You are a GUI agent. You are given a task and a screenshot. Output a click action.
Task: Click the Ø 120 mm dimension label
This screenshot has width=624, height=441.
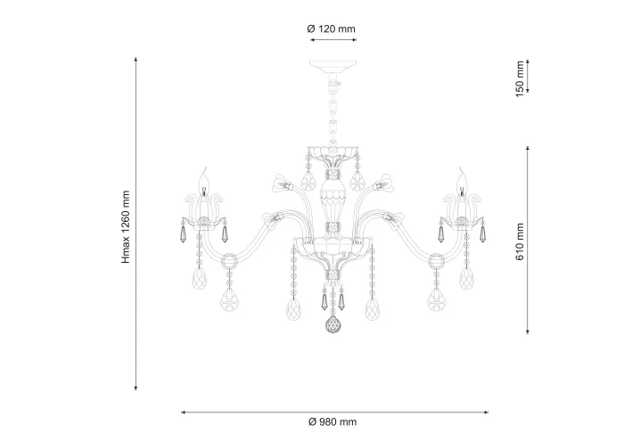click(331, 29)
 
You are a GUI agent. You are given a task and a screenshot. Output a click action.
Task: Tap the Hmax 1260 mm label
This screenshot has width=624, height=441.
click(127, 227)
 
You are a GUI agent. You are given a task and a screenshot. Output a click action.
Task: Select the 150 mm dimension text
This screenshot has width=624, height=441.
click(520, 79)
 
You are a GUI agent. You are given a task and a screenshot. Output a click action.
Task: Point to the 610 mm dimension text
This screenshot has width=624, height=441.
click(520, 241)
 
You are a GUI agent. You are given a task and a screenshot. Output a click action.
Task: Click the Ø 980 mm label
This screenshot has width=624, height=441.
click(333, 422)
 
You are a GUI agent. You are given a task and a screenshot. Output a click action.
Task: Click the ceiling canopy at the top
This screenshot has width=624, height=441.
click(333, 67)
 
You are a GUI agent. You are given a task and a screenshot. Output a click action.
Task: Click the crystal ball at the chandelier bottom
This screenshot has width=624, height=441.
click(333, 325)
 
